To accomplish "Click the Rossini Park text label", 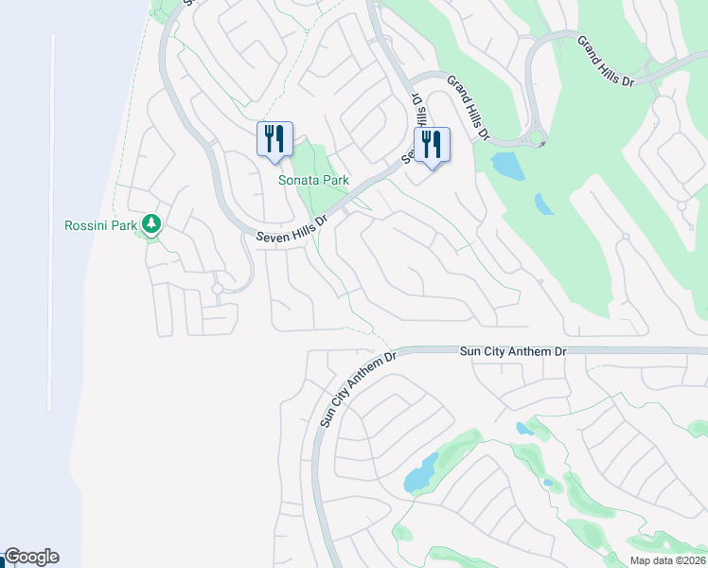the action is click(101, 225).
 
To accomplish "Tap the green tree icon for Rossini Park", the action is click(150, 224).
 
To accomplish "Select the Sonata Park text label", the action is click(313, 180).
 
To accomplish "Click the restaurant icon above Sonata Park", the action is click(274, 139).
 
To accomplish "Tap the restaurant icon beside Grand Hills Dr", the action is click(432, 145).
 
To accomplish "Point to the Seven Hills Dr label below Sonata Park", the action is click(292, 230).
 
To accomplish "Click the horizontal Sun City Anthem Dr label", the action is click(513, 351).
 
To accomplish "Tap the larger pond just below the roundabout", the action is click(506, 166).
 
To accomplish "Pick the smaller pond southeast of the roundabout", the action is click(544, 204).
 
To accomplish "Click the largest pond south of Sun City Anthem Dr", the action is click(421, 471).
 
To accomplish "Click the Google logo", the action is click(31, 557).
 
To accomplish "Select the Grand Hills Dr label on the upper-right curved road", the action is click(604, 59).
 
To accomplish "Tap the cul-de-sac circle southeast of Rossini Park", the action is click(217, 288).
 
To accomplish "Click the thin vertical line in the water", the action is click(51, 222).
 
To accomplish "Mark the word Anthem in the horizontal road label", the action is click(532, 351).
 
